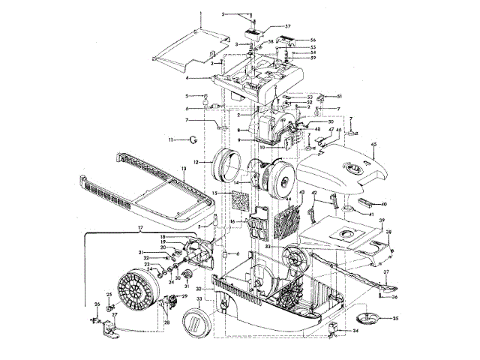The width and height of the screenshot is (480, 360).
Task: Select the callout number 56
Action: pyautogui.click(x=313, y=40)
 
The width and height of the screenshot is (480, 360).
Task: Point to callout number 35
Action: pyautogui.click(x=395, y=318)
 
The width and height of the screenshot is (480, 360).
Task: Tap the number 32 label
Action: pyautogui.click(x=199, y=289)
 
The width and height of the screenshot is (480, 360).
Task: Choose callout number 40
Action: pyautogui.click(x=382, y=204)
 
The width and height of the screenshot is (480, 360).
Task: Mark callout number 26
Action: pyautogui.click(x=96, y=304)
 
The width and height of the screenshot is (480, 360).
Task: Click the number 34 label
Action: pyautogui.click(x=355, y=330)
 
